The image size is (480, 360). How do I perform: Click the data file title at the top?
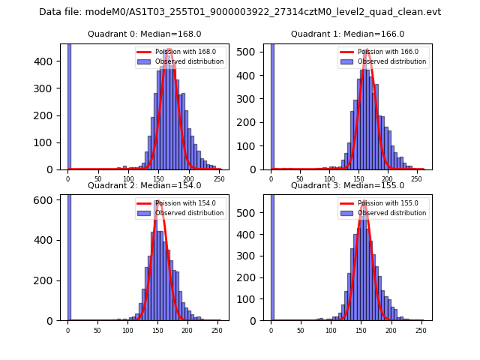240,12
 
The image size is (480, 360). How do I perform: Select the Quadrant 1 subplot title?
347,34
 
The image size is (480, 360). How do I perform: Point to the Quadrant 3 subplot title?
347,185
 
